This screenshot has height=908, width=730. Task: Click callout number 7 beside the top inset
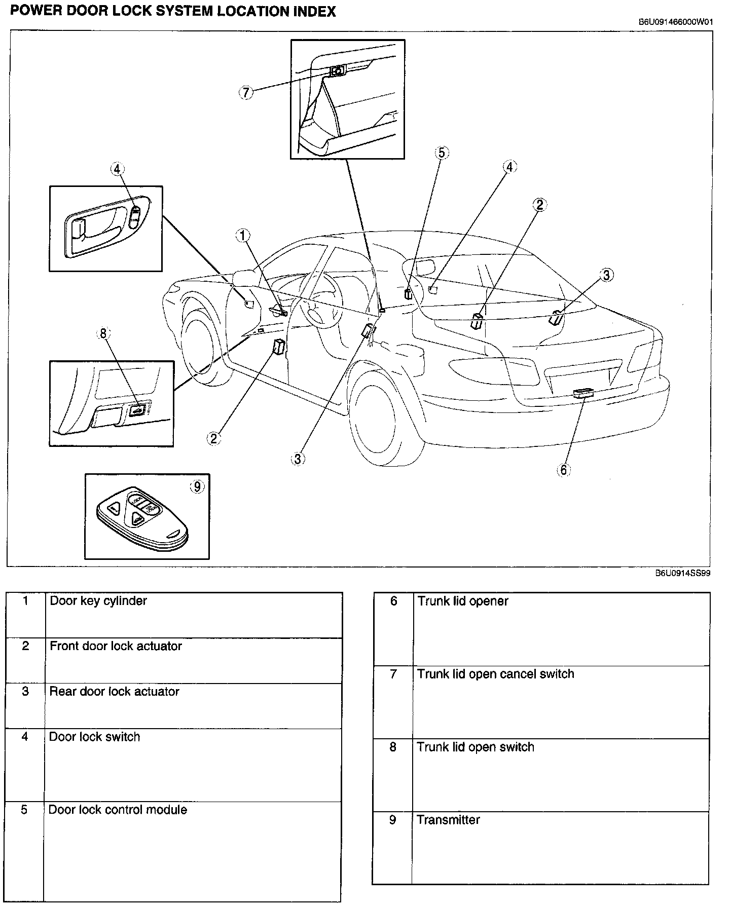(x=246, y=93)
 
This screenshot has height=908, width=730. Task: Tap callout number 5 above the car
(x=442, y=153)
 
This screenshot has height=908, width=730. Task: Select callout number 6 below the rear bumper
(x=564, y=470)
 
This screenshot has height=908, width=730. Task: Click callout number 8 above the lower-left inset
(x=103, y=333)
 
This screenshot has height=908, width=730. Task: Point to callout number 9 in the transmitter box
(x=197, y=487)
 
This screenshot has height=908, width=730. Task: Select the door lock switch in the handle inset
(x=135, y=216)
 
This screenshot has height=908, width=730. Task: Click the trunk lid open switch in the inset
(x=137, y=410)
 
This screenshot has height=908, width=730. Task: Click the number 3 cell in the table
(x=25, y=706)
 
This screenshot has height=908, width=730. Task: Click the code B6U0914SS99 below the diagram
(x=682, y=573)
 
